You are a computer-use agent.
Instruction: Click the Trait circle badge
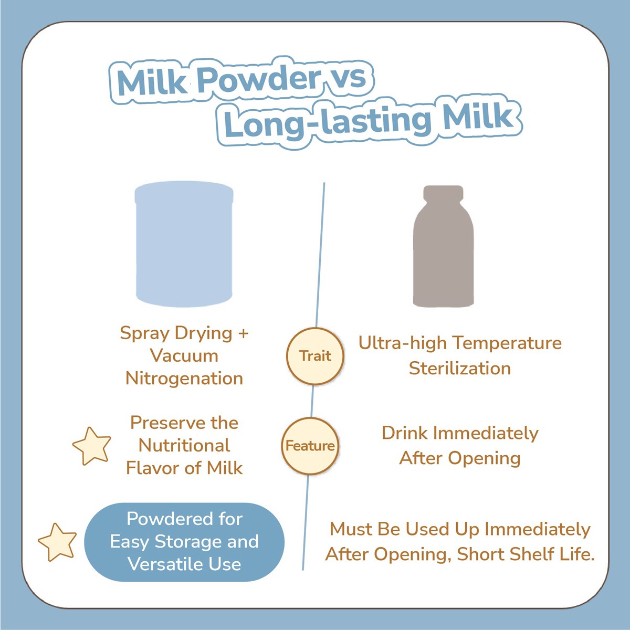[x=315, y=356]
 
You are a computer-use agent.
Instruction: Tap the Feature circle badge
[x=310, y=446]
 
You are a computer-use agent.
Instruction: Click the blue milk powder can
[x=184, y=244]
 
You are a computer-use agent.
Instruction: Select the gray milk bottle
[x=443, y=246]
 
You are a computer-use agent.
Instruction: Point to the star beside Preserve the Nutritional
[x=91, y=446]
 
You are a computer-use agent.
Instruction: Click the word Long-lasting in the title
[x=327, y=123]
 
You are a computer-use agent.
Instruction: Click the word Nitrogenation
[x=184, y=379]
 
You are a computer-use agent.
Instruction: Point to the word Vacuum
[x=184, y=356]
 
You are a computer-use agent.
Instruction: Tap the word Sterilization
[x=460, y=369]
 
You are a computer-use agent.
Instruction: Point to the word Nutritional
[x=184, y=446]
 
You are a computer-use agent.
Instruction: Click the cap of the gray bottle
[x=443, y=193]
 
